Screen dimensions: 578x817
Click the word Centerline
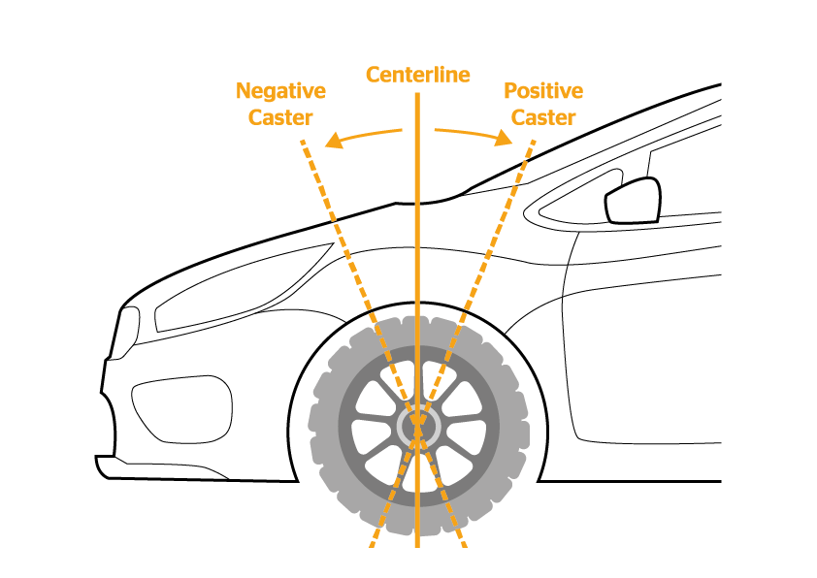[x=417, y=75]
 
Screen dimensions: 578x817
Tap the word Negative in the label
[x=280, y=92]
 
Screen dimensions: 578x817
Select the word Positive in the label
[x=543, y=92]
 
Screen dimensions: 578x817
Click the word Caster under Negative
[x=280, y=117]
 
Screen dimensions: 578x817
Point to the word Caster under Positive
[x=543, y=117]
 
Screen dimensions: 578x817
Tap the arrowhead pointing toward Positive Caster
[x=505, y=141]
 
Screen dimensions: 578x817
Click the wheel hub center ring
[x=418, y=425]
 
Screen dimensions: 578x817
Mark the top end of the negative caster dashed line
[x=303, y=142]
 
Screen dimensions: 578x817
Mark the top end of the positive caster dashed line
[x=533, y=142]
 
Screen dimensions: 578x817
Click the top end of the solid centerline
[x=417, y=95]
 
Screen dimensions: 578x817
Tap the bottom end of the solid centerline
[x=417, y=545]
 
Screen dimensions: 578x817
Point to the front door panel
[x=650, y=369]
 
